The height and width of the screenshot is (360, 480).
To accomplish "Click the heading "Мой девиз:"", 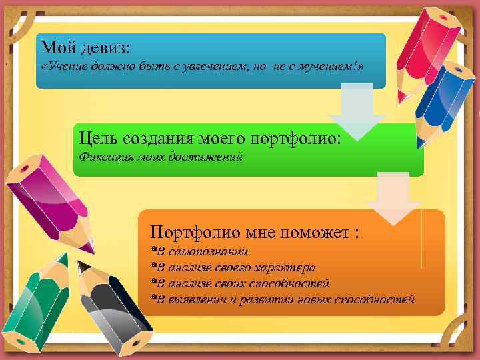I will [86, 48].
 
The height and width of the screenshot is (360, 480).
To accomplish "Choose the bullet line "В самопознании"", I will [200, 251].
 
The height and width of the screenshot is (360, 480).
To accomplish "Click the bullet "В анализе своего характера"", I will [234, 267].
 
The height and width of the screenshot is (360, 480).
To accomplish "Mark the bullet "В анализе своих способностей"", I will [241, 283].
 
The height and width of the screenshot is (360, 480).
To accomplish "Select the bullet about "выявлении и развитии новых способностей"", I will [283, 299].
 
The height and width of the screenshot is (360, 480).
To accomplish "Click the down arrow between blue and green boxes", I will [357, 110].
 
